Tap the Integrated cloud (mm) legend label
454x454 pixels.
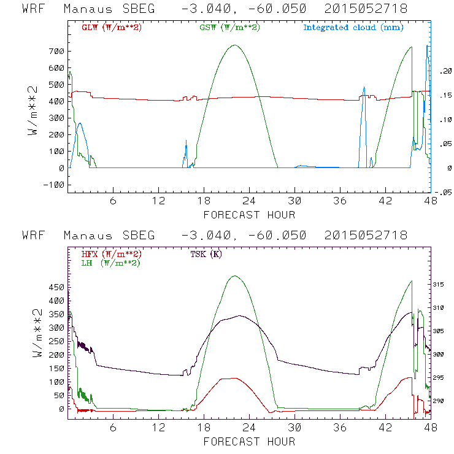pos(353,28)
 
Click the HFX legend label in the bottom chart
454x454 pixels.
pos(112,254)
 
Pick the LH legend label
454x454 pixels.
pos(110,263)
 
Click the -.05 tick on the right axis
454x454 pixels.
pos(443,192)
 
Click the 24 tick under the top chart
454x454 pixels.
pos(249,201)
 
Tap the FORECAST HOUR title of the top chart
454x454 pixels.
pos(249,215)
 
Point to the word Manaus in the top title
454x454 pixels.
pos(91,9)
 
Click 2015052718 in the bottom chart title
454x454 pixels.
pos(366,236)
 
